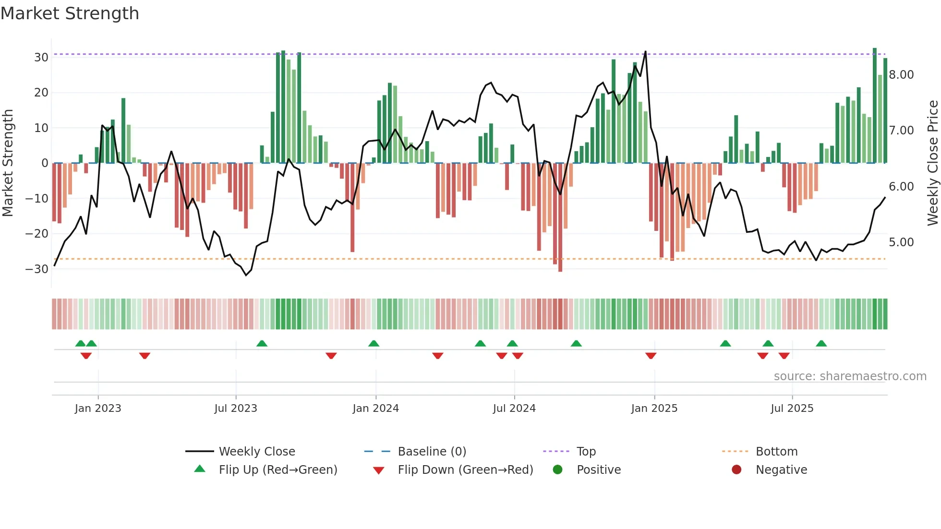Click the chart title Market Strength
pyautogui.click(x=70, y=13)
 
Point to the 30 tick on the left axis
pyautogui.click(x=41, y=58)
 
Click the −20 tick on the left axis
pyautogui.click(x=37, y=234)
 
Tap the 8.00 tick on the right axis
pyautogui.click(x=901, y=75)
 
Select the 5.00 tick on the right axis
pyautogui.click(x=901, y=242)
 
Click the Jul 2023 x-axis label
pyautogui.click(x=236, y=409)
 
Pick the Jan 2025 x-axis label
pyautogui.click(x=654, y=409)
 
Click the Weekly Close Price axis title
pyautogui.click(x=932, y=163)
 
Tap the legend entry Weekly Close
pyautogui.click(x=257, y=452)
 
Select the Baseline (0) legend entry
pyautogui.click(x=432, y=452)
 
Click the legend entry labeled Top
pyautogui.click(x=586, y=452)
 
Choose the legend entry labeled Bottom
pyautogui.click(x=776, y=452)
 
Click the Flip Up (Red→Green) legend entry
pyautogui.click(x=277, y=470)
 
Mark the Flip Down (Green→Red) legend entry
pyautogui.click(x=465, y=470)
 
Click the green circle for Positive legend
pyautogui.click(x=557, y=469)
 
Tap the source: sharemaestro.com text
pyautogui.click(x=850, y=376)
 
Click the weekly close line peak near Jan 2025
pyautogui.click(x=645, y=52)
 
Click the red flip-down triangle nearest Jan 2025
pyautogui.click(x=651, y=356)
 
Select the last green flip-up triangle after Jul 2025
pyautogui.click(x=821, y=343)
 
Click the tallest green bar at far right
pyautogui.click(x=875, y=106)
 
